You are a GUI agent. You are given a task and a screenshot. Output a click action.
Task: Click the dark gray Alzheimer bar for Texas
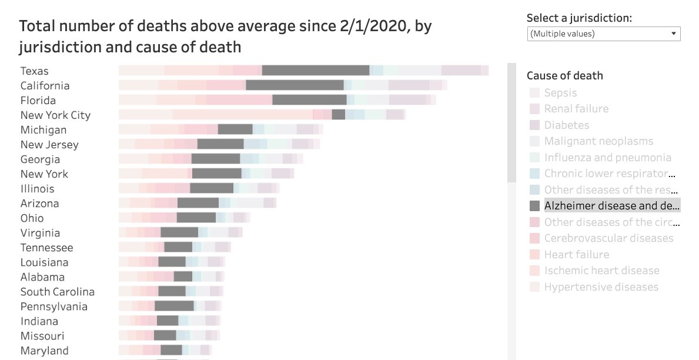click(x=315, y=71)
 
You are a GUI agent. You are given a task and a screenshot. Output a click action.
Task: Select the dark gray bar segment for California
click(x=295, y=85)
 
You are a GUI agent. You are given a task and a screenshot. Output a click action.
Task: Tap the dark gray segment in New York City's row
click(x=338, y=115)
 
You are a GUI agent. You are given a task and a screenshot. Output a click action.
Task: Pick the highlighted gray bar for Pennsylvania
click(x=174, y=306)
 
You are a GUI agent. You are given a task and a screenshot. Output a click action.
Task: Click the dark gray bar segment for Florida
click(x=309, y=100)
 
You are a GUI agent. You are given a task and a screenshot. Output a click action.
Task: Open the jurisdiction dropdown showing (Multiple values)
click(x=604, y=34)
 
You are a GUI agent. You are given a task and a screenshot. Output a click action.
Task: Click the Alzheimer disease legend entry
click(x=611, y=206)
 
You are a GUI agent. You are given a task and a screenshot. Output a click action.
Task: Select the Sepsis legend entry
click(x=560, y=93)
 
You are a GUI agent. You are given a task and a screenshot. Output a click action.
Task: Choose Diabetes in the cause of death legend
click(x=566, y=125)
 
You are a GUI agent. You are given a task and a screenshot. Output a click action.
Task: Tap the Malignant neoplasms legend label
click(x=598, y=141)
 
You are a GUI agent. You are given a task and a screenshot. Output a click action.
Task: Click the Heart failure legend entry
click(x=576, y=255)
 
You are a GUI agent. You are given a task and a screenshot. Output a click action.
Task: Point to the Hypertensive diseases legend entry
click(x=601, y=287)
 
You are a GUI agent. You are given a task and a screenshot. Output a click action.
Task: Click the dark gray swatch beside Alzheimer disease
click(x=534, y=206)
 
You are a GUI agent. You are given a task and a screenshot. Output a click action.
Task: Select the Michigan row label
click(x=44, y=130)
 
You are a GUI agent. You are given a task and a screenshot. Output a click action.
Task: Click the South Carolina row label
click(x=57, y=292)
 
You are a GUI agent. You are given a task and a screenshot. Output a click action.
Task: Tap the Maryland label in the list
click(x=44, y=351)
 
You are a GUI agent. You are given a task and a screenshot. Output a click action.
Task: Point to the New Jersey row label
click(x=49, y=145)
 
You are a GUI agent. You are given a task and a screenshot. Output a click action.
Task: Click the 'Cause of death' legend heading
click(x=564, y=75)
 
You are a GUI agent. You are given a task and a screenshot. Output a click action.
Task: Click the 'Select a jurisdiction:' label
click(x=579, y=18)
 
